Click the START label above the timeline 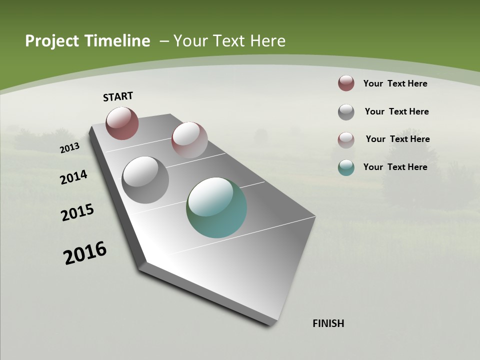(118, 96)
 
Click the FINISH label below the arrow (328, 323)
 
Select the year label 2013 (69, 148)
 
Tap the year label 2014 (73, 177)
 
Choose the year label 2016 (85, 253)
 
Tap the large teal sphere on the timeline (216, 207)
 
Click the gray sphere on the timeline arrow (145, 180)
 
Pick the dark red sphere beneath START (122, 123)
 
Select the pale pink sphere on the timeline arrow (189, 140)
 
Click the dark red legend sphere (346, 83)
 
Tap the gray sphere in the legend (346, 112)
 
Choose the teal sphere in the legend (346, 167)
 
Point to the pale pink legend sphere (346, 140)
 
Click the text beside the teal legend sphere (395, 167)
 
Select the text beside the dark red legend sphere (395, 83)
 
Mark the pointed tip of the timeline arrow (272, 322)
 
